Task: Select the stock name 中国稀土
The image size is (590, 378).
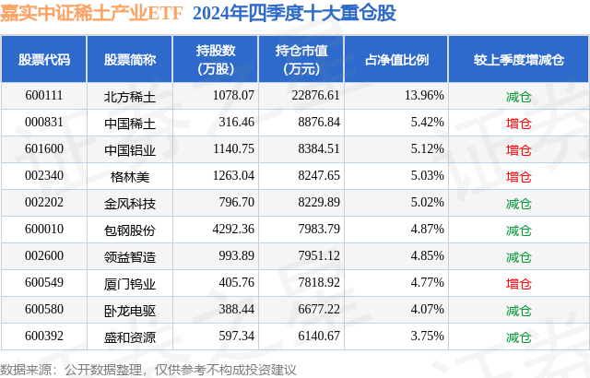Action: click(x=129, y=123)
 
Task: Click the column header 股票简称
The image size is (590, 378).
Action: click(x=129, y=60)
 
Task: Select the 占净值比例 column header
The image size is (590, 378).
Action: click(x=403, y=60)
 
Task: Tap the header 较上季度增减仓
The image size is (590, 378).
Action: click(x=519, y=60)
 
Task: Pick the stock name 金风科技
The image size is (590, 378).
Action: click(x=129, y=203)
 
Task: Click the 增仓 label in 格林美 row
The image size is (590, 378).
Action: click(x=519, y=176)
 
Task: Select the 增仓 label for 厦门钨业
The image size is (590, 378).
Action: click(x=519, y=283)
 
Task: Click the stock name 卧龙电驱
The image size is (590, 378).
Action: click(x=129, y=310)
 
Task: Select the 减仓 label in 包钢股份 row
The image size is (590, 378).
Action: click(x=519, y=230)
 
